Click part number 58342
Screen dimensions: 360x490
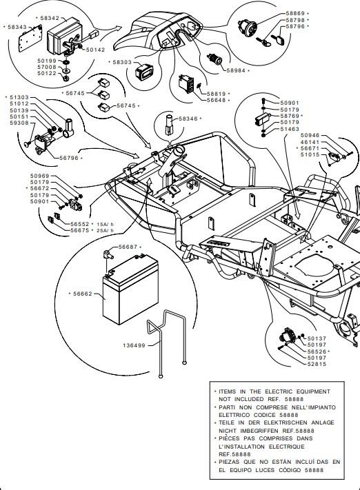point(50,18)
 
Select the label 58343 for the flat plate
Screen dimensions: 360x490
point(17,27)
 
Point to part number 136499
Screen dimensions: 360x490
point(134,345)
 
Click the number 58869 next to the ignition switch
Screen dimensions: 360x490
point(295,13)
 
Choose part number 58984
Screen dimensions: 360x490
point(236,70)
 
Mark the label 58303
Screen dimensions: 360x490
point(122,62)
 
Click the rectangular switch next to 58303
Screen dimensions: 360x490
point(143,72)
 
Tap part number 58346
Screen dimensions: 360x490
point(188,119)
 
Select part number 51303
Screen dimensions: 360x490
point(19,97)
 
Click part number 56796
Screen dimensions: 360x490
point(69,158)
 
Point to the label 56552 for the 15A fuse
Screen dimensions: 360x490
point(80,224)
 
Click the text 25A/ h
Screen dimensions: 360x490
point(106,231)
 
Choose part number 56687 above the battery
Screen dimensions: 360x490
point(128,247)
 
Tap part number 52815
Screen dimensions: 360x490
point(317,364)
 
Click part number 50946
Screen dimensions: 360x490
point(310,135)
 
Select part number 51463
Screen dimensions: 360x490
point(290,129)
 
